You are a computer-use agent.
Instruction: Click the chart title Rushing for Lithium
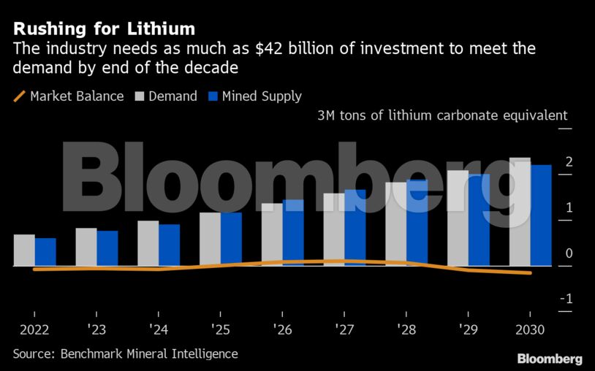click(104, 29)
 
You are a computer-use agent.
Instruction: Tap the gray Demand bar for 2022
click(24, 250)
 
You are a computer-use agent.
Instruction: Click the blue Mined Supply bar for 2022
click(45, 252)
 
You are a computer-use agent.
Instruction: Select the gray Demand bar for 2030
click(520, 212)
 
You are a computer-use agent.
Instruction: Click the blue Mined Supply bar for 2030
click(541, 215)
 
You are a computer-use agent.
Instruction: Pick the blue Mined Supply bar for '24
click(170, 245)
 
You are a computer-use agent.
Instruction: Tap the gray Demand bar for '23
click(86, 247)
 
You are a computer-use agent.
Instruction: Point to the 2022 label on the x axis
click(34, 329)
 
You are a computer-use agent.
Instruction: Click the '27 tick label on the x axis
click(344, 329)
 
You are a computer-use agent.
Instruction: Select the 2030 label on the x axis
click(530, 329)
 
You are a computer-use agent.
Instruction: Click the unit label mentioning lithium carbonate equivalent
click(442, 116)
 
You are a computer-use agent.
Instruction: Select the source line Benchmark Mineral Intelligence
click(125, 353)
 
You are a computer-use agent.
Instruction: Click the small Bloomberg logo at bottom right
click(550, 359)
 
